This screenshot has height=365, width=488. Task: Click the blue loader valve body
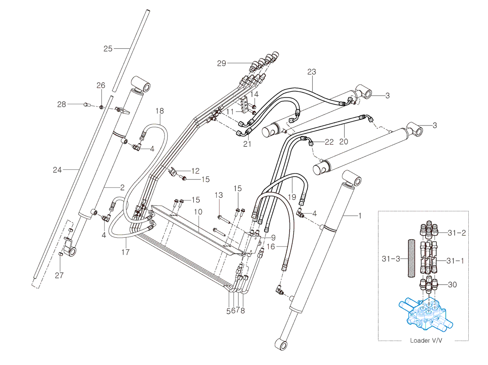[x=426, y=313]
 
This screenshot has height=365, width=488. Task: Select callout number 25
[x=108, y=49]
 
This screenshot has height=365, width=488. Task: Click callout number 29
[x=221, y=63]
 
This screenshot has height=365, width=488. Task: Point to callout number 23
[x=312, y=72]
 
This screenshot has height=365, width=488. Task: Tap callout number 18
[x=160, y=111]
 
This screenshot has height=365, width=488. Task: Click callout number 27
[x=59, y=275]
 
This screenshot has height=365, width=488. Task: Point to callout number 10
[x=198, y=212]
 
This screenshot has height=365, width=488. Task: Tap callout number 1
[x=360, y=215]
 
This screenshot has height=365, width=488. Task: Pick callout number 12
[x=195, y=170]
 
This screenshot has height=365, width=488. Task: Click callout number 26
[x=101, y=85]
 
